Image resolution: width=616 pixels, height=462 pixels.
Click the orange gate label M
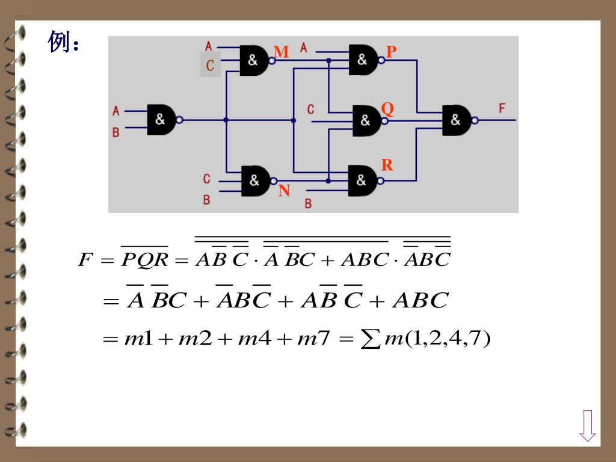coord(281,52)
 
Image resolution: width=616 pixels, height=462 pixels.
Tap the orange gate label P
coord(391,52)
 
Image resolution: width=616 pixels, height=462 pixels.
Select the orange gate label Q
coord(387,109)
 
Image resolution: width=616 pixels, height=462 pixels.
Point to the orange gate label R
coord(387,165)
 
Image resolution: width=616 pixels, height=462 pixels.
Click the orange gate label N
coord(284,191)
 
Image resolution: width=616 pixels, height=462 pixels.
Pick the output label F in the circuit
coord(502,108)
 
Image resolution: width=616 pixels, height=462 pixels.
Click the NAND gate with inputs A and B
coord(162,120)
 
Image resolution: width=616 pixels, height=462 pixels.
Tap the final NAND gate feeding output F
coord(457,120)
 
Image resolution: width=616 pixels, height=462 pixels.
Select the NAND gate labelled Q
coord(366,120)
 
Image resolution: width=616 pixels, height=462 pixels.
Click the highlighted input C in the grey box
coord(210,65)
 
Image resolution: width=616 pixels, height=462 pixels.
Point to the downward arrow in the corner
coord(588,425)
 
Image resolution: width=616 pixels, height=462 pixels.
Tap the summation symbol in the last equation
coord(367,339)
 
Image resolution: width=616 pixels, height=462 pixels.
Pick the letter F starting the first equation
coord(86,260)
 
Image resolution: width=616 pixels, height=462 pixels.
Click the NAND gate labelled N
coord(255,180)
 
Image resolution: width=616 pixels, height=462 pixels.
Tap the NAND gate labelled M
coord(254,60)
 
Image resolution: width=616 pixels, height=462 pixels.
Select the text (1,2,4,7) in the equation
coord(448,339)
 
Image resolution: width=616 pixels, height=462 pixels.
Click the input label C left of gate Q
coord(310,109)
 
